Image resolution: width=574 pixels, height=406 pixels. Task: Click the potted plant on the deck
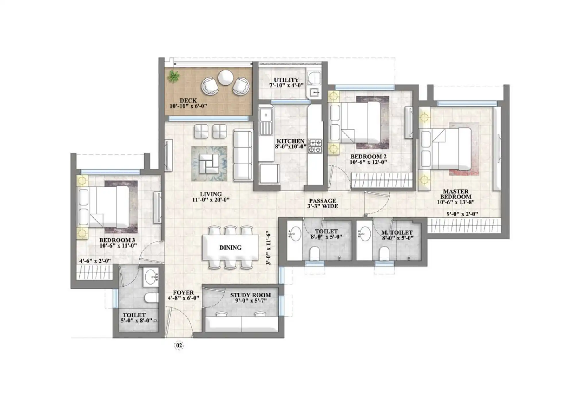click(x=173, y=76)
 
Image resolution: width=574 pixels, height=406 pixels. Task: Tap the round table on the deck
click(x=226, y=77)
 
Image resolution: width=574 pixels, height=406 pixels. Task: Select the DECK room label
click(x=188, y=100)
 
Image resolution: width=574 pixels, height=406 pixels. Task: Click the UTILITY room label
click(x=286, y=80)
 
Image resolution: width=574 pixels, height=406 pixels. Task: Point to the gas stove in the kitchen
click(x=315, y=146)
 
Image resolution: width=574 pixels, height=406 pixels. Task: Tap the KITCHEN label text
click(x=290, y=141)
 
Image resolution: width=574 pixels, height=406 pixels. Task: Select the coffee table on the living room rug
click(x=209, y=164)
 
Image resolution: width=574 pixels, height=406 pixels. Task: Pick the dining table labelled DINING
click(x=231, y=248)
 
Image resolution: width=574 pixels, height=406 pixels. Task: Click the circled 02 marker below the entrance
click(x=179, y=345)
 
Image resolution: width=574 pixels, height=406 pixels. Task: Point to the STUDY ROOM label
click(x=251, y=295)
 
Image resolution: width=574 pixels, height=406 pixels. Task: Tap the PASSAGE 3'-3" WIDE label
click(x=323, y=203)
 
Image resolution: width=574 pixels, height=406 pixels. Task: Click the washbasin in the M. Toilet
click(x=365, y=234)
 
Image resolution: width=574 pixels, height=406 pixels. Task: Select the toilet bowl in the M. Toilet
click(x=384, y=253)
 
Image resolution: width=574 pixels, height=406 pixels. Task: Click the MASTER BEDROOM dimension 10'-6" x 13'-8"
click(x=456, y=202)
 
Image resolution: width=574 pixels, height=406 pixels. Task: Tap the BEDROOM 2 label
click(x=369, y=156)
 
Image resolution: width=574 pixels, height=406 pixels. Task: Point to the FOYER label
click(x=183, y=293)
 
